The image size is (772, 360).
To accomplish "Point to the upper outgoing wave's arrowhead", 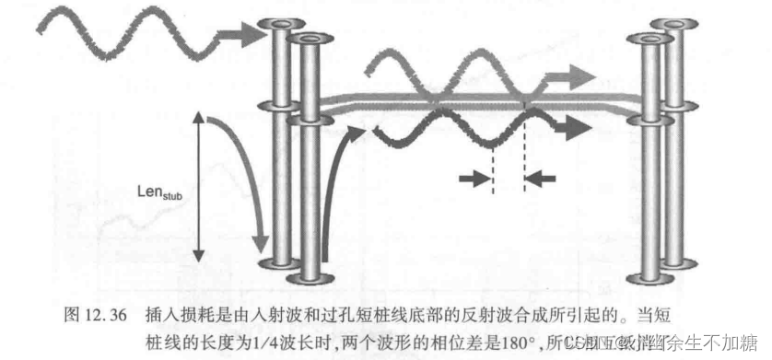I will pyautogui.click(x=579, y=75).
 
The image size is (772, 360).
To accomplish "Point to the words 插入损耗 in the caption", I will pyautogui.click(x=177, y=313).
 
